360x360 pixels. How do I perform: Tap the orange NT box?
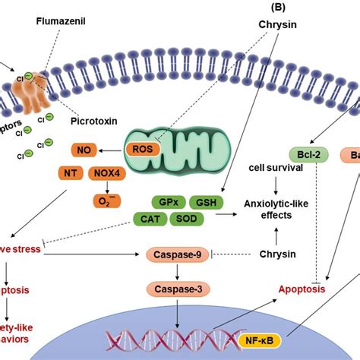tap(71, 173)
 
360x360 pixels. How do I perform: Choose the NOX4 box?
tap(108, 173)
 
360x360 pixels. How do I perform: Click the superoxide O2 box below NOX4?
tap(107, 198)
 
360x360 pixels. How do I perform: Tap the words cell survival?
tap(271, 166)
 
